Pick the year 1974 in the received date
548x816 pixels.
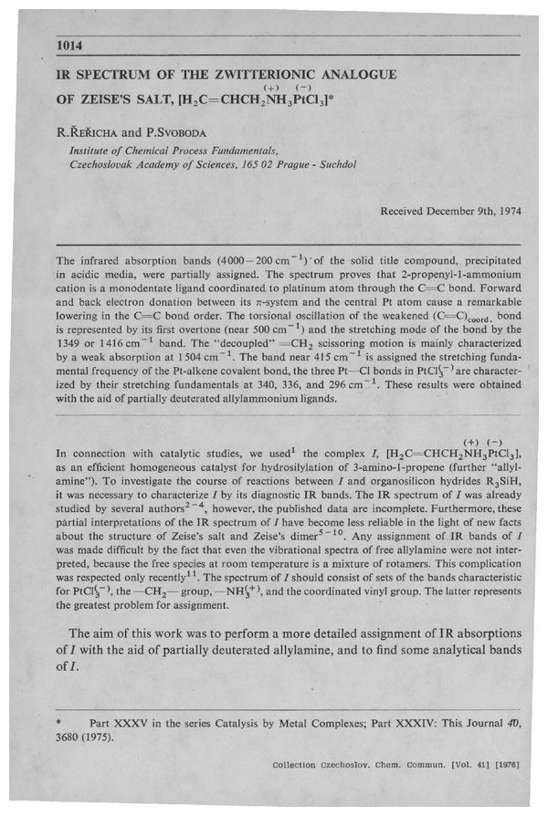[503, 211]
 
